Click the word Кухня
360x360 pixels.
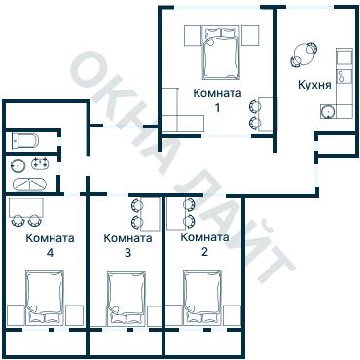tap(314, 85)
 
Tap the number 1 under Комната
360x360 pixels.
tap(217, 108)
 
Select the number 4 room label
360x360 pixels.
tap(50, 253)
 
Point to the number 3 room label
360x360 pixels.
tap(127, 253)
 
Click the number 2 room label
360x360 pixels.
tap(204, 252)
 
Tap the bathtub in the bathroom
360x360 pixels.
tap(29, 184)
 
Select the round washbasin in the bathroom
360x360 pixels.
tap(18, 165)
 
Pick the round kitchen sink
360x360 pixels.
tap(327, 112)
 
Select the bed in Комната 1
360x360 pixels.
tap(222, 54)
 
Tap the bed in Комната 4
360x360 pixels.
tap(45, 297)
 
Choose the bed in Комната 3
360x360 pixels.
tap(126, 298)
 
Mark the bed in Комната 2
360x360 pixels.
tap(202, 297)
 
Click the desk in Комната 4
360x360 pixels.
tap(26, 208)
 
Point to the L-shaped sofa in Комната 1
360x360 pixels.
tap(175, 117)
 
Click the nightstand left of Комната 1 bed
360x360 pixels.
tap(194, 36)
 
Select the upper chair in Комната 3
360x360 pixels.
tap(137, 205)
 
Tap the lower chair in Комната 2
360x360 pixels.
tap(189, 221)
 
